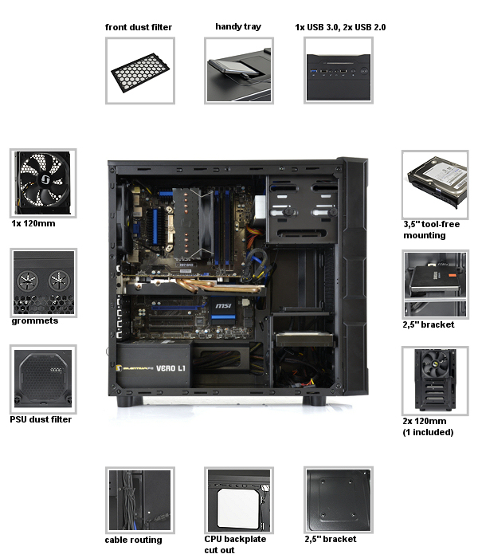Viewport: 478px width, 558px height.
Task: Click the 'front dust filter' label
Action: [x=139, y=27]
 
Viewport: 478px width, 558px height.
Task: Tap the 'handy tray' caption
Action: [x=238, y=26]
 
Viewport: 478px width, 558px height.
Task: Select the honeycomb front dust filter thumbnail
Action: [x=140, y=71]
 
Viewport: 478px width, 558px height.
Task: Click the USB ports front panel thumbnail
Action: [x=339, y=71]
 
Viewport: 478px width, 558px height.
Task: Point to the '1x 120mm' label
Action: [x=33, y=223]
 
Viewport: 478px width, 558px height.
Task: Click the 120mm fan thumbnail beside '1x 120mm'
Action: [x=43, y=183]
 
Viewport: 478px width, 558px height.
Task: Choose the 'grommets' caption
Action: [x=35, y=321]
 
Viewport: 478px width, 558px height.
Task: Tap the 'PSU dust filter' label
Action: [x=41, y=419]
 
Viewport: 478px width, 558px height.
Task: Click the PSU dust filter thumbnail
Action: [x=43, y=379]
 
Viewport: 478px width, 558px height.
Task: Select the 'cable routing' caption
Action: [x=133, y=540]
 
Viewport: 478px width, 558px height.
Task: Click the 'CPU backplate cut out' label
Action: [x=235, y=544]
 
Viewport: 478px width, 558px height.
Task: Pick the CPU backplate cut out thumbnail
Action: [x=239, y=501]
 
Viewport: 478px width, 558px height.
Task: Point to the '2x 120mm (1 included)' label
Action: [x=428, y=426]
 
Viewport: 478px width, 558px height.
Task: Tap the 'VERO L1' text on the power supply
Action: [x=170, y=368]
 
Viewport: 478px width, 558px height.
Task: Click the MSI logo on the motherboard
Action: [x=223, y=305]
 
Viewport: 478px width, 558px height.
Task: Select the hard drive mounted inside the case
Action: [x=304, y=339]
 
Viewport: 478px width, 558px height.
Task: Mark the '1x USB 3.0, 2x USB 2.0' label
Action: [x=340, y=27]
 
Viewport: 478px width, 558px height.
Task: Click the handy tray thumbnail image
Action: [x=239, y=71]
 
